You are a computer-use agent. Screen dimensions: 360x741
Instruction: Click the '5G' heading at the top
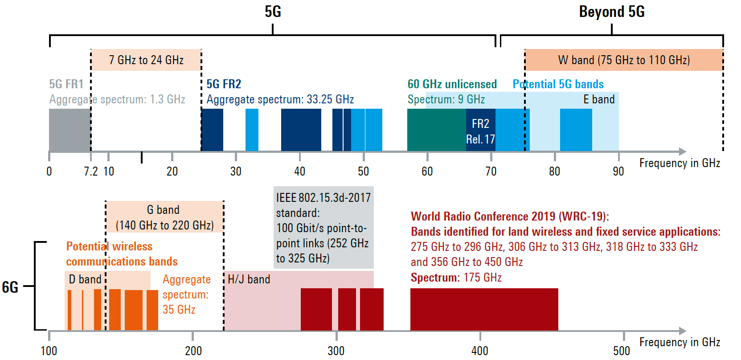(273, 12)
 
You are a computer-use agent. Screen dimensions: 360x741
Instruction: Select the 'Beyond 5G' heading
(611, 12)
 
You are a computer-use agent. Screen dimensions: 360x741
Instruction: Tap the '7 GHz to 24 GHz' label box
(146, 60)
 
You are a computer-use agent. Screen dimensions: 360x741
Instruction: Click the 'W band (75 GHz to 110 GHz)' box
(624, 60)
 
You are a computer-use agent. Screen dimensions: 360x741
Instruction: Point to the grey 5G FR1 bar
(70, 130)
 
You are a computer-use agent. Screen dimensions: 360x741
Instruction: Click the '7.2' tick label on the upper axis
(91, 172)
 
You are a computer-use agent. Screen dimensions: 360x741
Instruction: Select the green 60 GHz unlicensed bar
(436, 130)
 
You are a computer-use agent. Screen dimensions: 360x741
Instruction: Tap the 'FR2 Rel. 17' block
(480, 131)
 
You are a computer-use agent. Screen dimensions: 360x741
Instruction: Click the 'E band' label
(599, 99)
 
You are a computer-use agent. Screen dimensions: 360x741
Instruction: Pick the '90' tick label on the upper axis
(618, 172)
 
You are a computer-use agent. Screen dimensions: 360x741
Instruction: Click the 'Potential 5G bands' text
(558, 84)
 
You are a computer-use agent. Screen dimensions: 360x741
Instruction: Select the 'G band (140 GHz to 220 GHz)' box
(164, 217)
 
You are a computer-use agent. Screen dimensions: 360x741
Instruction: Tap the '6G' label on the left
(10, 287)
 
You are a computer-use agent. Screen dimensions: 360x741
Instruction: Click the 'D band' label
(85, 279)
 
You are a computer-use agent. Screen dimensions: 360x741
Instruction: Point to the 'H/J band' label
(249, 279)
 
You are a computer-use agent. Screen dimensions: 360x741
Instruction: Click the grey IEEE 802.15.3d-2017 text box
(323, 228)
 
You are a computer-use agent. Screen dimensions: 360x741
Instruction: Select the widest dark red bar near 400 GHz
(484, 309)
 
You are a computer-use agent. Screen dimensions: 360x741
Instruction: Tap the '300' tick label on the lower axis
(336, 351)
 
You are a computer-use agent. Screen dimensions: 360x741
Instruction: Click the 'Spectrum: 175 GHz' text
(456, 278)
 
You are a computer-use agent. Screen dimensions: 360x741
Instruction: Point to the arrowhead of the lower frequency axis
(682, 331)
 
